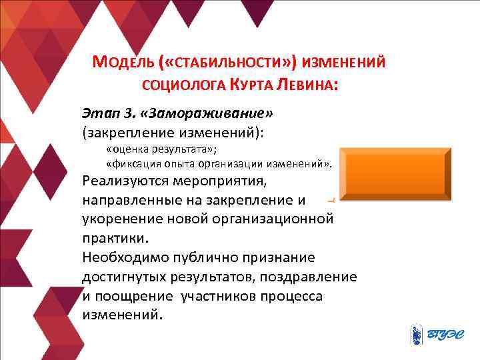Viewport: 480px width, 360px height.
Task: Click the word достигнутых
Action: (124, 276)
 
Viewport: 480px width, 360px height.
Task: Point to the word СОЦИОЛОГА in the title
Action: (177, 85)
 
